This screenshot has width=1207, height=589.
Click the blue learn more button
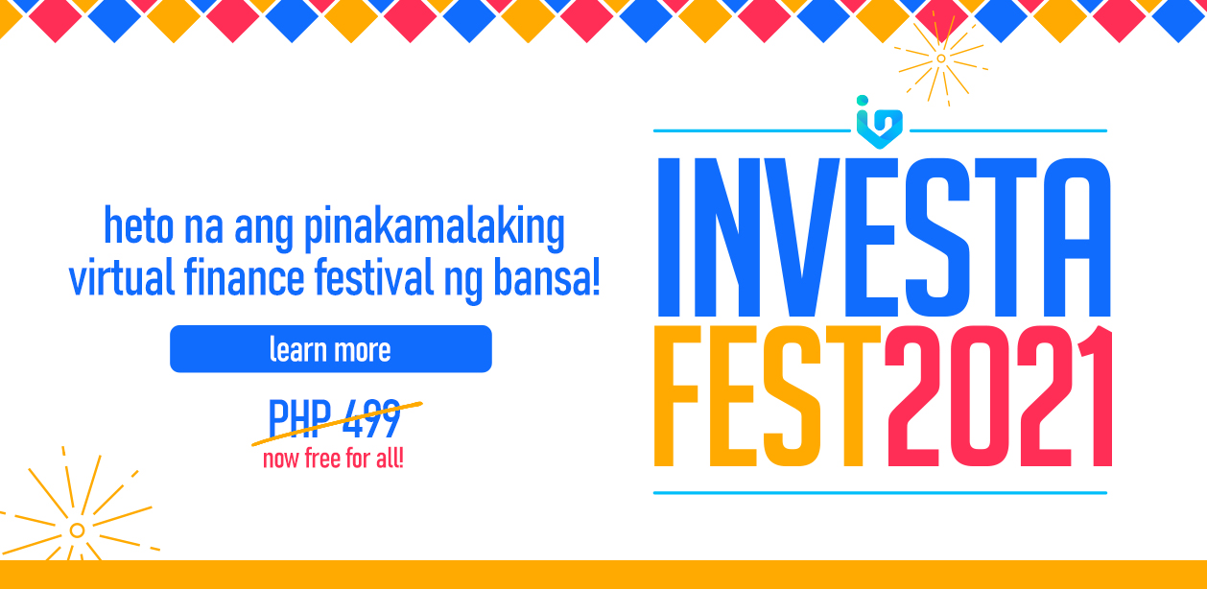tap(331, 348)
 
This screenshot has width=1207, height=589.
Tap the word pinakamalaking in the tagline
tap(435, 228)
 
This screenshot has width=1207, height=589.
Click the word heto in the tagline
tap(138, 224)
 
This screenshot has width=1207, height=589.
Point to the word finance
tap(245, 276)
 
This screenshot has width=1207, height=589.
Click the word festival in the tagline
tap(374, 276)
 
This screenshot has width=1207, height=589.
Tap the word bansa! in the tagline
tap(547, 278)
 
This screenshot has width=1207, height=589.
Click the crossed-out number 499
tap(372, 418)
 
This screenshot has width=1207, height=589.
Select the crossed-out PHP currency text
tap(299, 418)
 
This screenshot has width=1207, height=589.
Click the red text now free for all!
tap(333, 459)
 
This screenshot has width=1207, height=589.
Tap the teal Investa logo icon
tap(880, 123)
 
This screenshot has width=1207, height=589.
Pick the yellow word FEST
tap(768, 396)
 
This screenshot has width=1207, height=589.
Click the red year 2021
tap(999, 396)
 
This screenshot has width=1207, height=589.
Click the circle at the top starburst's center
tap(941, 59)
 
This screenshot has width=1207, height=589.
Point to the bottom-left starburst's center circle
tap(77, 530)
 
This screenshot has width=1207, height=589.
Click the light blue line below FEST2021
tap(880, 492)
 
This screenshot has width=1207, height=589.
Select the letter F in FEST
tap(677, 396)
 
